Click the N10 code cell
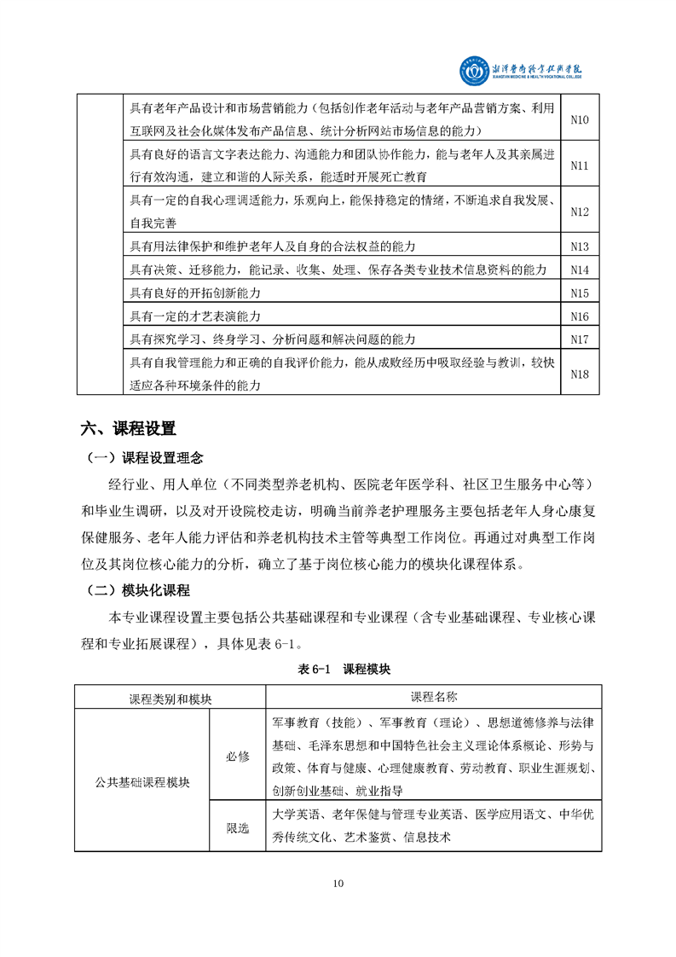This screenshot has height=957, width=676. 579,119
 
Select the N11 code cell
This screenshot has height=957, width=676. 579,165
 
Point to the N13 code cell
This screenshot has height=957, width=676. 579,246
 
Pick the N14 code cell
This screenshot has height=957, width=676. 579,270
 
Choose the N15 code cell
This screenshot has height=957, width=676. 579,293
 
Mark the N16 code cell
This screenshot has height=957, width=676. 579,316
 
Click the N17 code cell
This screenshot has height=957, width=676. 579,339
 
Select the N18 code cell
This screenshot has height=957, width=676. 579,374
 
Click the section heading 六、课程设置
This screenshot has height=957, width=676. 128,427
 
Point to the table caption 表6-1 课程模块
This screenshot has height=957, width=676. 338,670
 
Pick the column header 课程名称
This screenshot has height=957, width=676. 433,697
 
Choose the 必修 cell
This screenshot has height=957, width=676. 238,756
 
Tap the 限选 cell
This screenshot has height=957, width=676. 238,826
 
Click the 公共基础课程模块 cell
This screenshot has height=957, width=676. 142,780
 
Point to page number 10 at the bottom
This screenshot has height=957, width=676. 338,883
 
